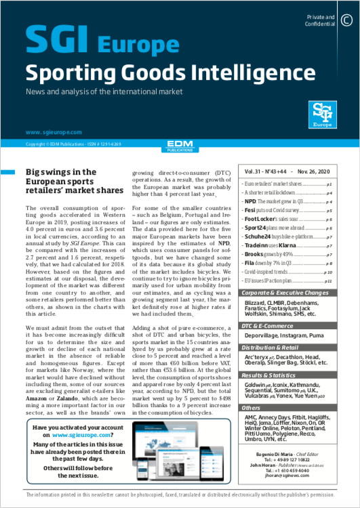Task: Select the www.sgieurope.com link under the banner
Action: [x=54, y=132]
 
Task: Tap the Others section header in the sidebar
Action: [x=252, y=408]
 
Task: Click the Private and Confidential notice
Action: [x=321, y=20]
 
